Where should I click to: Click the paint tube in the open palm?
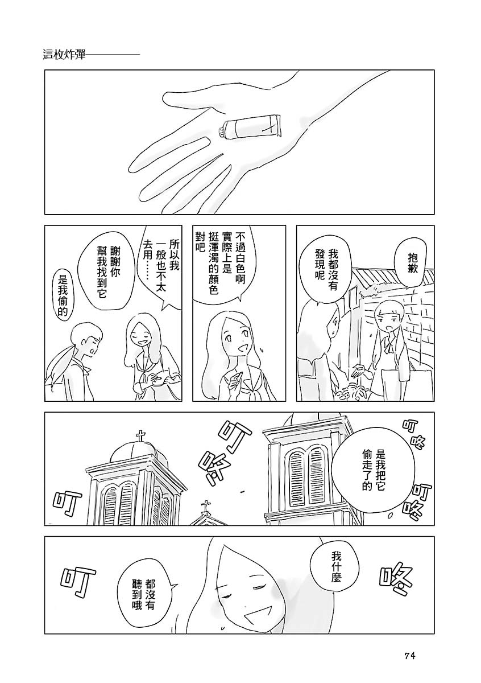250,126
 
